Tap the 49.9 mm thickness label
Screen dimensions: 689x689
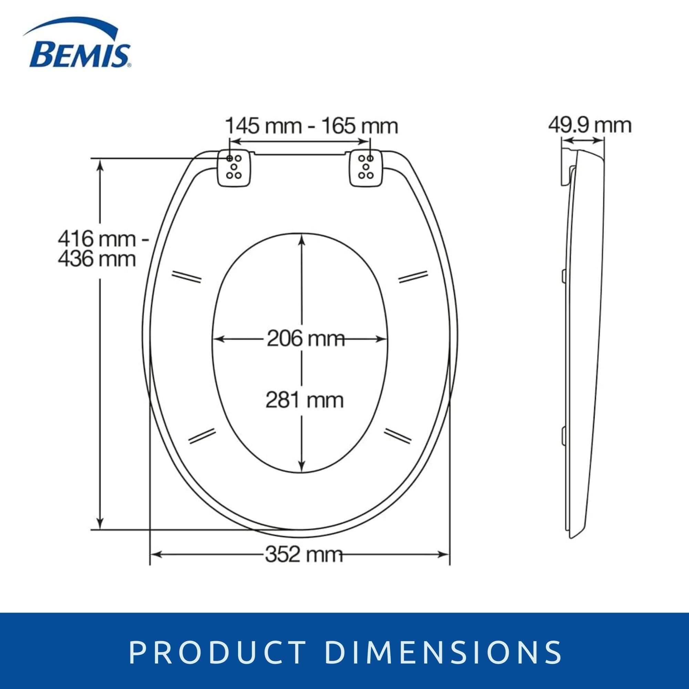[x=589, y=125]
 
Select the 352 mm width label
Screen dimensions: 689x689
[x=304, y=555]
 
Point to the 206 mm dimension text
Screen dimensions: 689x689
[x=306, y=338]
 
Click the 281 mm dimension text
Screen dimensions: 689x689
[x=305, y=400]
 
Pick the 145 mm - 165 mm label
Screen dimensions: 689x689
[x=312, y=126]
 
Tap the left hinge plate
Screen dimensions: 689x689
[x=234, y=168]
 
